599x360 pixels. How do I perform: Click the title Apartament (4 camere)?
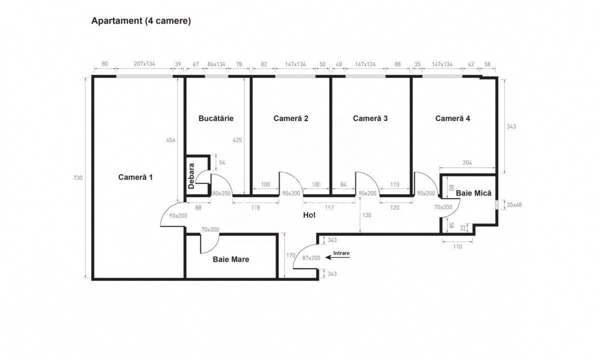[140, 21]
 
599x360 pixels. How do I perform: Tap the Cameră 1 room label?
[135, 177]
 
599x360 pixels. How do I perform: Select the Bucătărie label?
[216, 118]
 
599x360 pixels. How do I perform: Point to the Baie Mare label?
[230, 259]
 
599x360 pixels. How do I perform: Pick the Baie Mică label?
[473, 193]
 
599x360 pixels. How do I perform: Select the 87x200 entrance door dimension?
[311, 258]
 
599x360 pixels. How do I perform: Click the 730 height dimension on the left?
[77, 178]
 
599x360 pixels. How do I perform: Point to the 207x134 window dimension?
[144, 64]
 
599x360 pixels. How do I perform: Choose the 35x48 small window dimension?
[514, 204]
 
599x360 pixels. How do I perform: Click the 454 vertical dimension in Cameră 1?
[170, 140]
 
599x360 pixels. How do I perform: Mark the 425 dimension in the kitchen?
[237, 140]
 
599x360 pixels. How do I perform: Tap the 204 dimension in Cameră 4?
[467, 163]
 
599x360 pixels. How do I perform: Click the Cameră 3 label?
[370, 118]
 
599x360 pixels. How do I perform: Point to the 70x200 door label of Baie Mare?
[210, 229]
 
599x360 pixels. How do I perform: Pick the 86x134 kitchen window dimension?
[216, 64]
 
